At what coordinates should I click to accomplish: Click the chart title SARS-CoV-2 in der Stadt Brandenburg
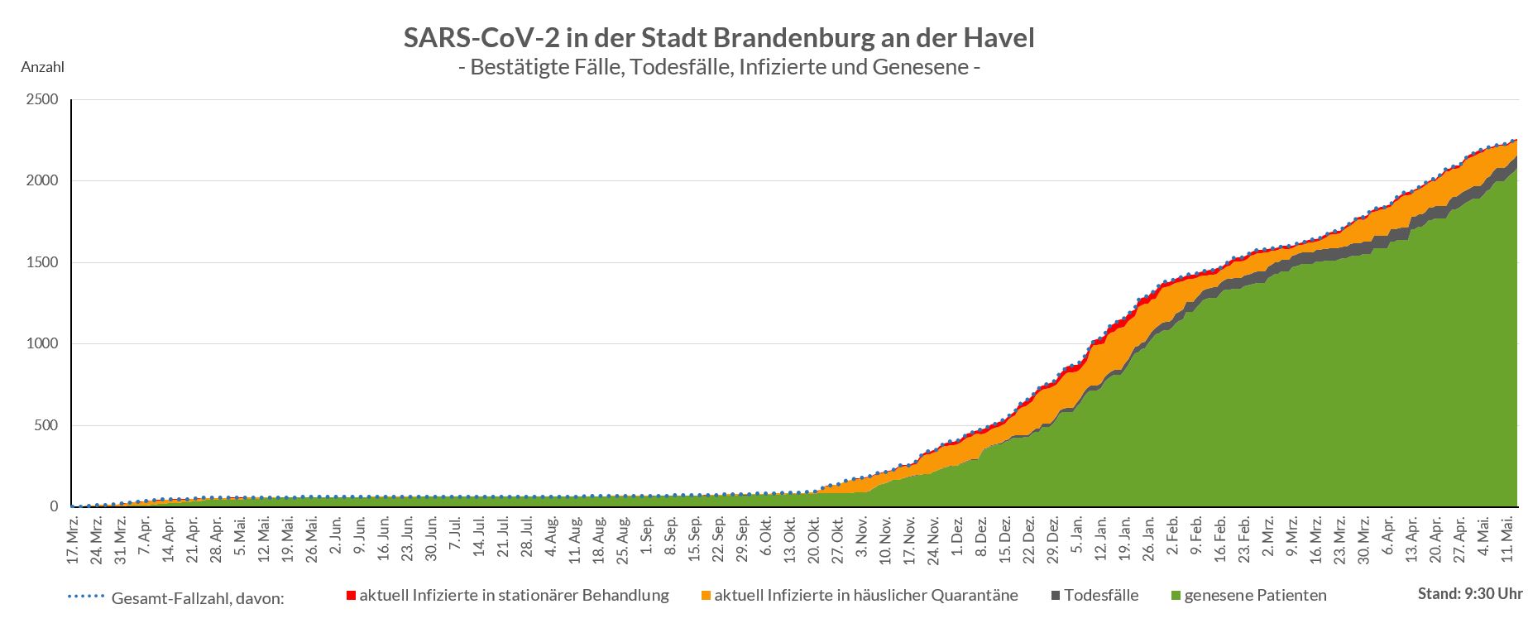click(718, 38)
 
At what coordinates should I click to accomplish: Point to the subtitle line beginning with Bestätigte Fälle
click(718, 67)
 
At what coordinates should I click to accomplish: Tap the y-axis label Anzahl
click(42, 67)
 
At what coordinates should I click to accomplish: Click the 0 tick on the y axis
click(55, 506)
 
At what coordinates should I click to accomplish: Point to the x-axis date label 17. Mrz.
click(74, 539)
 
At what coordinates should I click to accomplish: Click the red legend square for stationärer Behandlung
click(351, 596)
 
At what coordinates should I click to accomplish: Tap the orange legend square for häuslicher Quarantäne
click(706, 596)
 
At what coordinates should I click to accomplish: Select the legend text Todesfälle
click(1101, 596)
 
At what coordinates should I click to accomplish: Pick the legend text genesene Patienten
click(1255, 596)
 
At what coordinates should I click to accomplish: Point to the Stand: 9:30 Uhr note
click(1469, 594)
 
